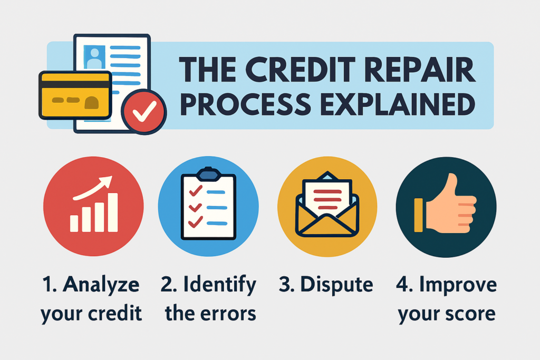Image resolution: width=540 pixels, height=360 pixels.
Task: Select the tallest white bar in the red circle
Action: [112, 213]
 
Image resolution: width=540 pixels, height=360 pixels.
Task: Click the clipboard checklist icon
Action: [208, 206]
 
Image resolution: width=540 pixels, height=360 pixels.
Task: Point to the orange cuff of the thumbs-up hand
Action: [419, 215]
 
